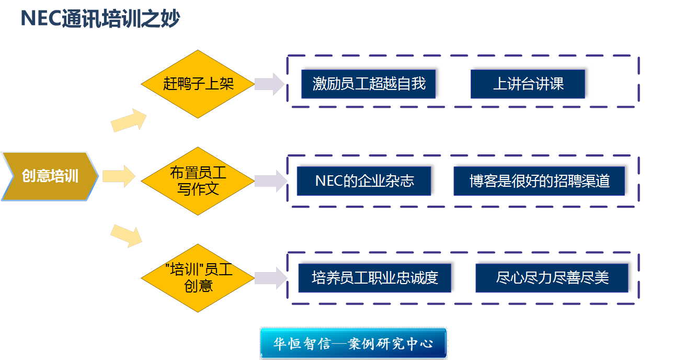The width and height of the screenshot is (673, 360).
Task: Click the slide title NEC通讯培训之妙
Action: coord(100,19)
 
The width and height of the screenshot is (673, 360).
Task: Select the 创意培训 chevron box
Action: coord(50,176)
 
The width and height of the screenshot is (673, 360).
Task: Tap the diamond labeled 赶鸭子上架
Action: coord(198,84)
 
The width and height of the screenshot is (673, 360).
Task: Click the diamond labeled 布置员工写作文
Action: coord(198,181)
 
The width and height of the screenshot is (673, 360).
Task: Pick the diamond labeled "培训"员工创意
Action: coord(198,278)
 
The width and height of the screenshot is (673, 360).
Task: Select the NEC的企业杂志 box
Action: coord(365,181)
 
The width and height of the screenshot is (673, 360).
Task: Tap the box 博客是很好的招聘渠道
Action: coord(540,181)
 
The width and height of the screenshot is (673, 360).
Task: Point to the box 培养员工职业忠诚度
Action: coord(375,277)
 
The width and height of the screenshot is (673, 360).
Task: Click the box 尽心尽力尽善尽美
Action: coord(553,277)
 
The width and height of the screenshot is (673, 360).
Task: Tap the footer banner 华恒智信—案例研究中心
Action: coord(353,344)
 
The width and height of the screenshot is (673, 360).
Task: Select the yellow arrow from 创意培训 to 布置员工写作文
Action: coord(119,176)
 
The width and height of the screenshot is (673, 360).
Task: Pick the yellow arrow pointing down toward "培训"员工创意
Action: coord(127,235)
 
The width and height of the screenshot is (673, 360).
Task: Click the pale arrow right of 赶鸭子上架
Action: coord(270,84)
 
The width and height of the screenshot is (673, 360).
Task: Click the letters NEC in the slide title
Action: coord(40,19)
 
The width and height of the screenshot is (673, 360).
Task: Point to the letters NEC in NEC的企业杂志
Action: coord(328,181)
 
